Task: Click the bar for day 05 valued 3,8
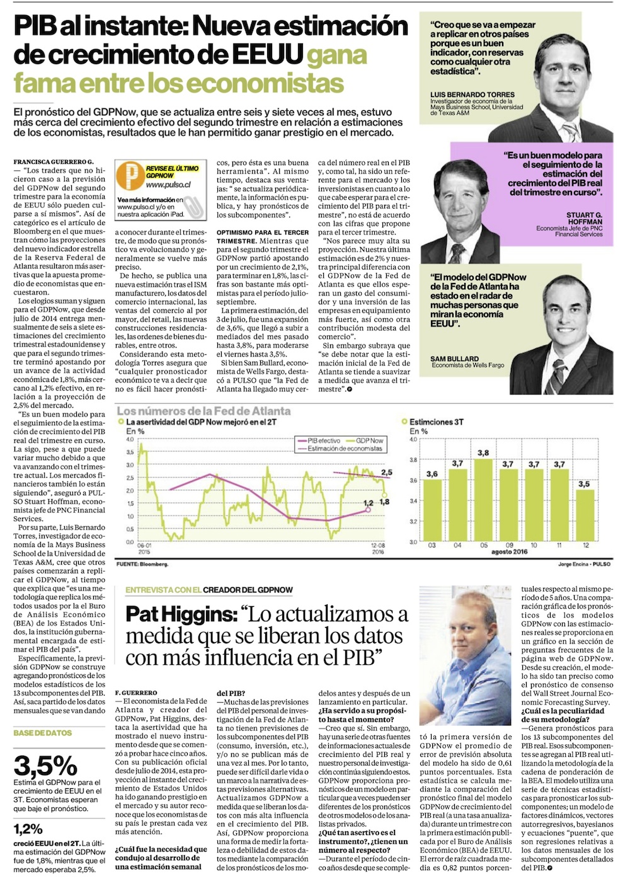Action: point(484,500)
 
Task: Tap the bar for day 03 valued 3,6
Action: point(432,510)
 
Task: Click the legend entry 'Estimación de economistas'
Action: point(345,449)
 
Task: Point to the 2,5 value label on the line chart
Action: point(386,472)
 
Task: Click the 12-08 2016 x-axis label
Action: point(377,548)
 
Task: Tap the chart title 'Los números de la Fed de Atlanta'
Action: point(203,411)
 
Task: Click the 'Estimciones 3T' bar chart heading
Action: point(436,422)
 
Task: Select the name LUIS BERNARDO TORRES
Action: point(472,95)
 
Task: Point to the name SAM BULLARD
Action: point(454,359)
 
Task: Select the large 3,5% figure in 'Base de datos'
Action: point(45,766)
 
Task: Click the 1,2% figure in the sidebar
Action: point(28,829)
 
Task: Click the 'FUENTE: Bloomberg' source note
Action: point(142,564)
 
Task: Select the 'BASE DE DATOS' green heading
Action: point(43,733)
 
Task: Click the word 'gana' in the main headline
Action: point(336,55)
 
